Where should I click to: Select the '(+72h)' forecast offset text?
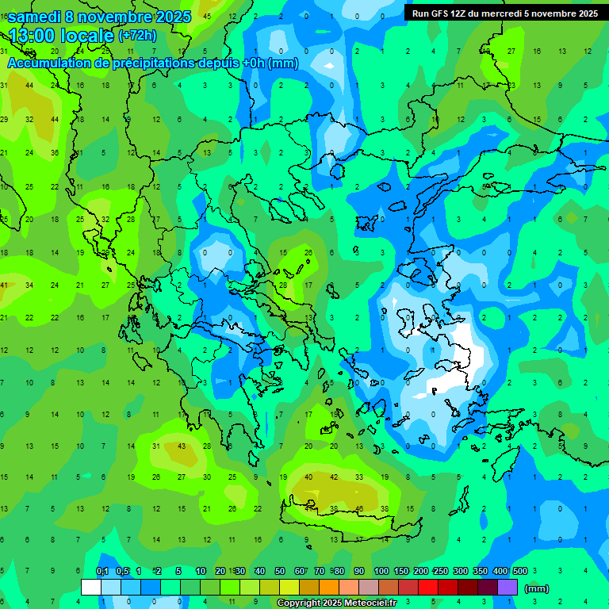(137, 36)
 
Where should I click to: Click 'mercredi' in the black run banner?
(502, 13)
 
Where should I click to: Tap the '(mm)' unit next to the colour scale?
(537, 588)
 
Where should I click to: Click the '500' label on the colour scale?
(519, 572)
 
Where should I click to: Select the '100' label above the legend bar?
(381, 572)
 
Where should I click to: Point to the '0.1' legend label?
(102, 572)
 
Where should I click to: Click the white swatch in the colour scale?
(90, 588)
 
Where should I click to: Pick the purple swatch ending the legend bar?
(507, 588)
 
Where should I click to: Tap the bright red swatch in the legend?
(428, 588)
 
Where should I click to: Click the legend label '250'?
(440, 572)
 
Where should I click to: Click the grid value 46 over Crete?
(359, 509)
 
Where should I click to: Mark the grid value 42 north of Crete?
(334, 477)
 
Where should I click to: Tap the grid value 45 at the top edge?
(207, 16)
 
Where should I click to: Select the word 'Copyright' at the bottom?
(299, 603)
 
